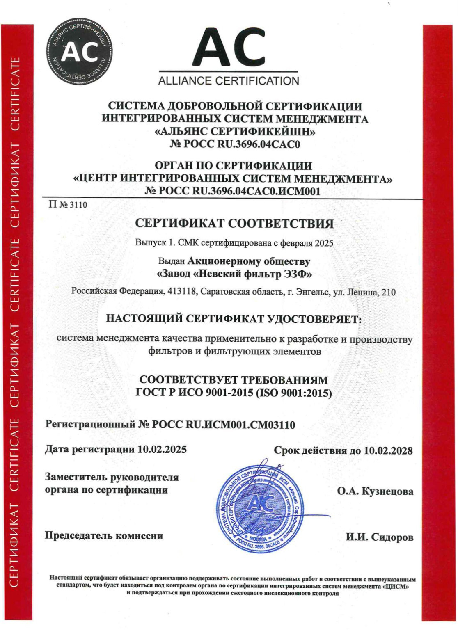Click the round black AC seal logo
(79, 52)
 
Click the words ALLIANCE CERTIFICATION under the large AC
(229, 81)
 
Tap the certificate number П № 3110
(68, 205)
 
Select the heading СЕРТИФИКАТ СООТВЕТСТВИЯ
(234, 224)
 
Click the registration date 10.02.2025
(162, 449)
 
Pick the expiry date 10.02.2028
(388, 451)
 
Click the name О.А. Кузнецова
(375, 491)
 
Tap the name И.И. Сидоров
(379, 537)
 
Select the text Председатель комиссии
(104, 536)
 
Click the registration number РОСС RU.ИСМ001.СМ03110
(223, 425)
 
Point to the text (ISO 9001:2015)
(294, 393)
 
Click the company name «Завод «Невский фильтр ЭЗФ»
(234, 274)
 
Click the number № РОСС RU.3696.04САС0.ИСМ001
(233, 191)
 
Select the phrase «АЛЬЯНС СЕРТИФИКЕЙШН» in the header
(235, 132)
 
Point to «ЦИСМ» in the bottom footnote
(397, 587)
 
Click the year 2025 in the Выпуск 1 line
(324, 243)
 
